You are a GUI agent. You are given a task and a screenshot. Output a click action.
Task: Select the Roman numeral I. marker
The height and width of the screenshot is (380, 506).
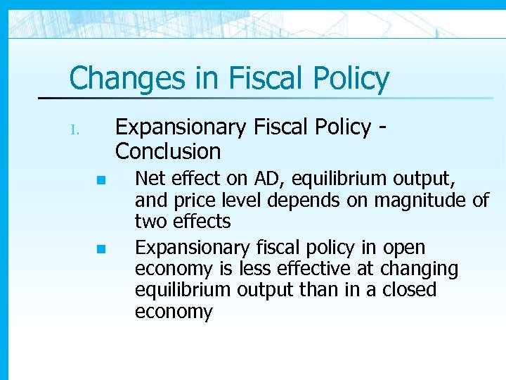coord(77,130)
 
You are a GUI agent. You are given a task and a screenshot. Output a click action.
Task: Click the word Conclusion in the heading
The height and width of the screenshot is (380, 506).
coord(168,151)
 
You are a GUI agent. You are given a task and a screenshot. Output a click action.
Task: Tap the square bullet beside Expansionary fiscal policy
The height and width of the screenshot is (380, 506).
coord(101,248)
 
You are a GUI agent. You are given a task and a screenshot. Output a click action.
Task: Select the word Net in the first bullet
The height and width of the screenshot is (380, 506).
coord(147,179)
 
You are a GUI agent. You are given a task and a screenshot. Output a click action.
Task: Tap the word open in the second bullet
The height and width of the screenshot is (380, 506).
coord(403,248)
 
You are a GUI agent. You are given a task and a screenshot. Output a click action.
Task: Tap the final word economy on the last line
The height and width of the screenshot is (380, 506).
coord(173,311)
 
